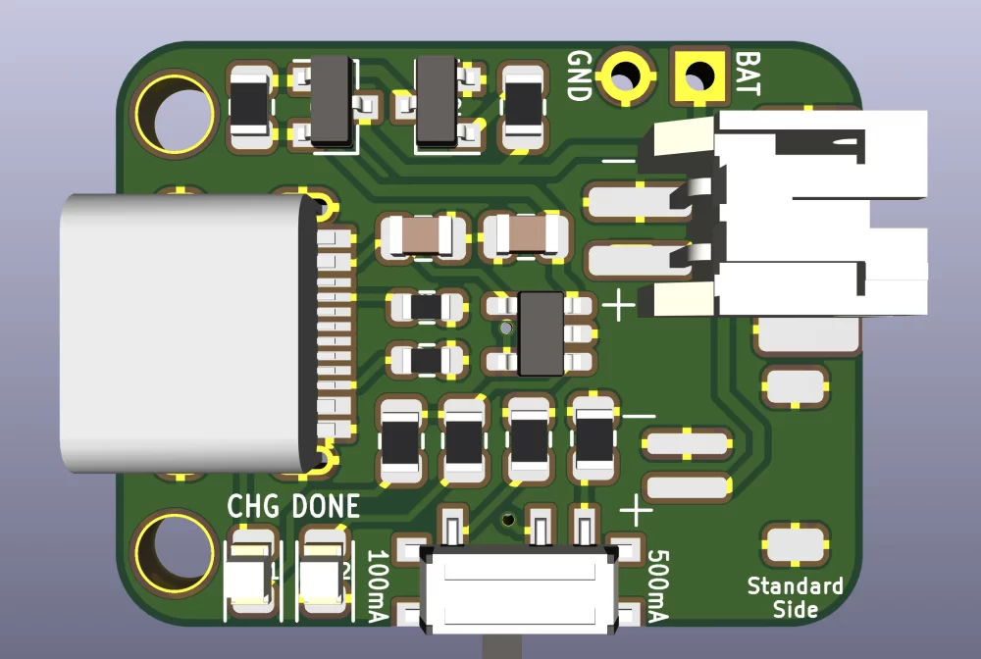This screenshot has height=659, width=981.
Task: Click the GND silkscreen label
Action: (579, 76)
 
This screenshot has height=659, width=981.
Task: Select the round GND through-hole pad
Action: (625, 75)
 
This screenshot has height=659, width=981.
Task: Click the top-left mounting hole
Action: (177, 113)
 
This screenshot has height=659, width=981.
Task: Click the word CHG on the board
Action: (254, 507)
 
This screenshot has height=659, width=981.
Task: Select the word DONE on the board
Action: (326, 507)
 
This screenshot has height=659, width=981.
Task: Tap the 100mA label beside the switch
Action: (378, 585)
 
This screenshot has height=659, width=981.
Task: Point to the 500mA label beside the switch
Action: (657, 585)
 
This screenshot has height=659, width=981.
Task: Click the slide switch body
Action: (519, 590)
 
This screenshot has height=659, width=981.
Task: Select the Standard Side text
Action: (795, 597)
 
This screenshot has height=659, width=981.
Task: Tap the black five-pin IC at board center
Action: (541, 333)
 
